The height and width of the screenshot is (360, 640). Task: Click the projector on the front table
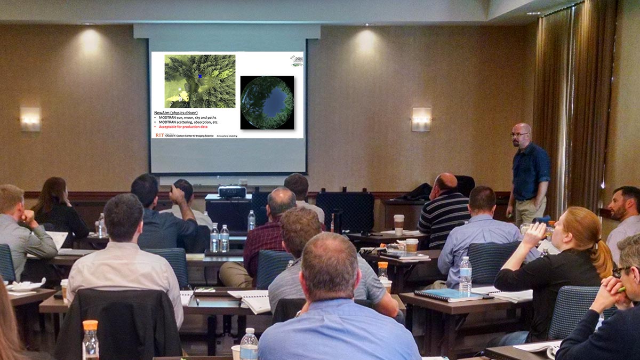click(232, 191)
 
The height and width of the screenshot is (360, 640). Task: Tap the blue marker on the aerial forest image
click(200, 76)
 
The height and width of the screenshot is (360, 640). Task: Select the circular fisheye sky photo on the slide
click(267, 102)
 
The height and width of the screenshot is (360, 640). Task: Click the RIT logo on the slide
click(159, 135)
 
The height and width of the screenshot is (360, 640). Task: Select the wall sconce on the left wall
click(30, 118)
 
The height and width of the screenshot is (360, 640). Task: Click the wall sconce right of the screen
click(421, 118)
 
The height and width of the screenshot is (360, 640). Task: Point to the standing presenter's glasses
click(518, 134)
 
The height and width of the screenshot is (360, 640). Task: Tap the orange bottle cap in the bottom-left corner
click(90, 325)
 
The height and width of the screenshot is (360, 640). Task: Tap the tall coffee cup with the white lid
click(398, 224)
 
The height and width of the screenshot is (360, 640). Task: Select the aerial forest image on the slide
click(199, 81)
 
